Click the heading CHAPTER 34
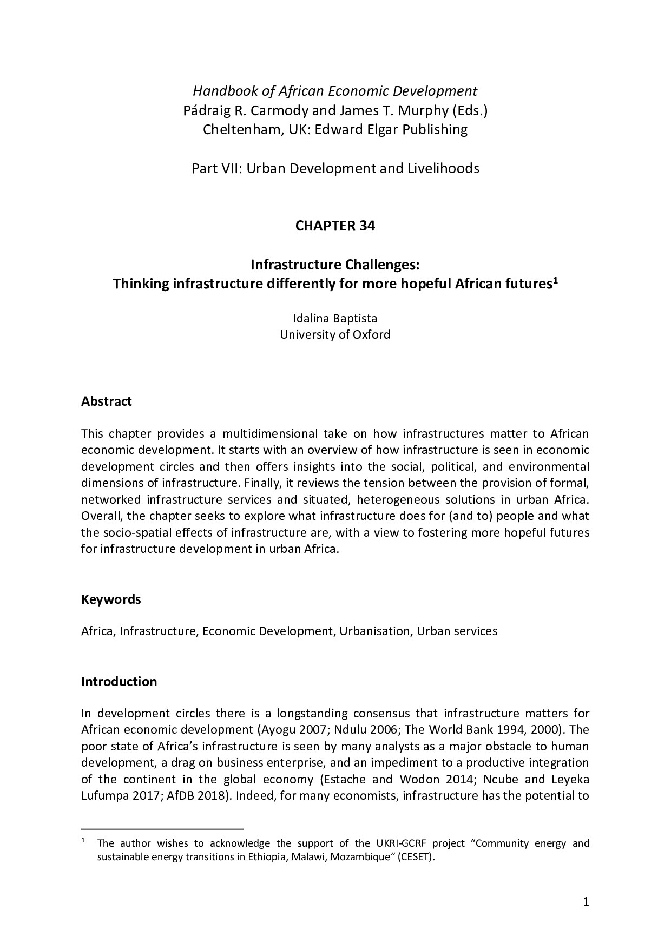(335, 226)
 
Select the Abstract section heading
(106, 401)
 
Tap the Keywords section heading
(111, 599)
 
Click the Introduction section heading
(119, 681)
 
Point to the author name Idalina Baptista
(335, 318)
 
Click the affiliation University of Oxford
(335, 334)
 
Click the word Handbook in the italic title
(219, 91)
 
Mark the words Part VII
(216, 169)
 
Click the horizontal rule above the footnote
(162, 828)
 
